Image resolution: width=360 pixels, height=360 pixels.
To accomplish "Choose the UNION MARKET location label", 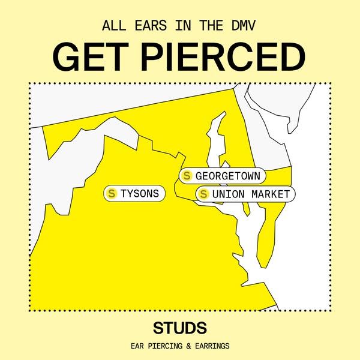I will point(245,194).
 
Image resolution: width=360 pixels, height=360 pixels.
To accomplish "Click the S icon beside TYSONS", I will point(111,193).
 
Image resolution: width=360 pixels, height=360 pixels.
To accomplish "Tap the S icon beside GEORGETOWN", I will point(187,176).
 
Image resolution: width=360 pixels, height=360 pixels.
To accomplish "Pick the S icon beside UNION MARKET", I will point(203,194).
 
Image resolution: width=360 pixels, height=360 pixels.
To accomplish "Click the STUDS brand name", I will point(180,328).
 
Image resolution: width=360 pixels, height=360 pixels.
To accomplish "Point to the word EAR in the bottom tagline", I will point(138,346).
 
